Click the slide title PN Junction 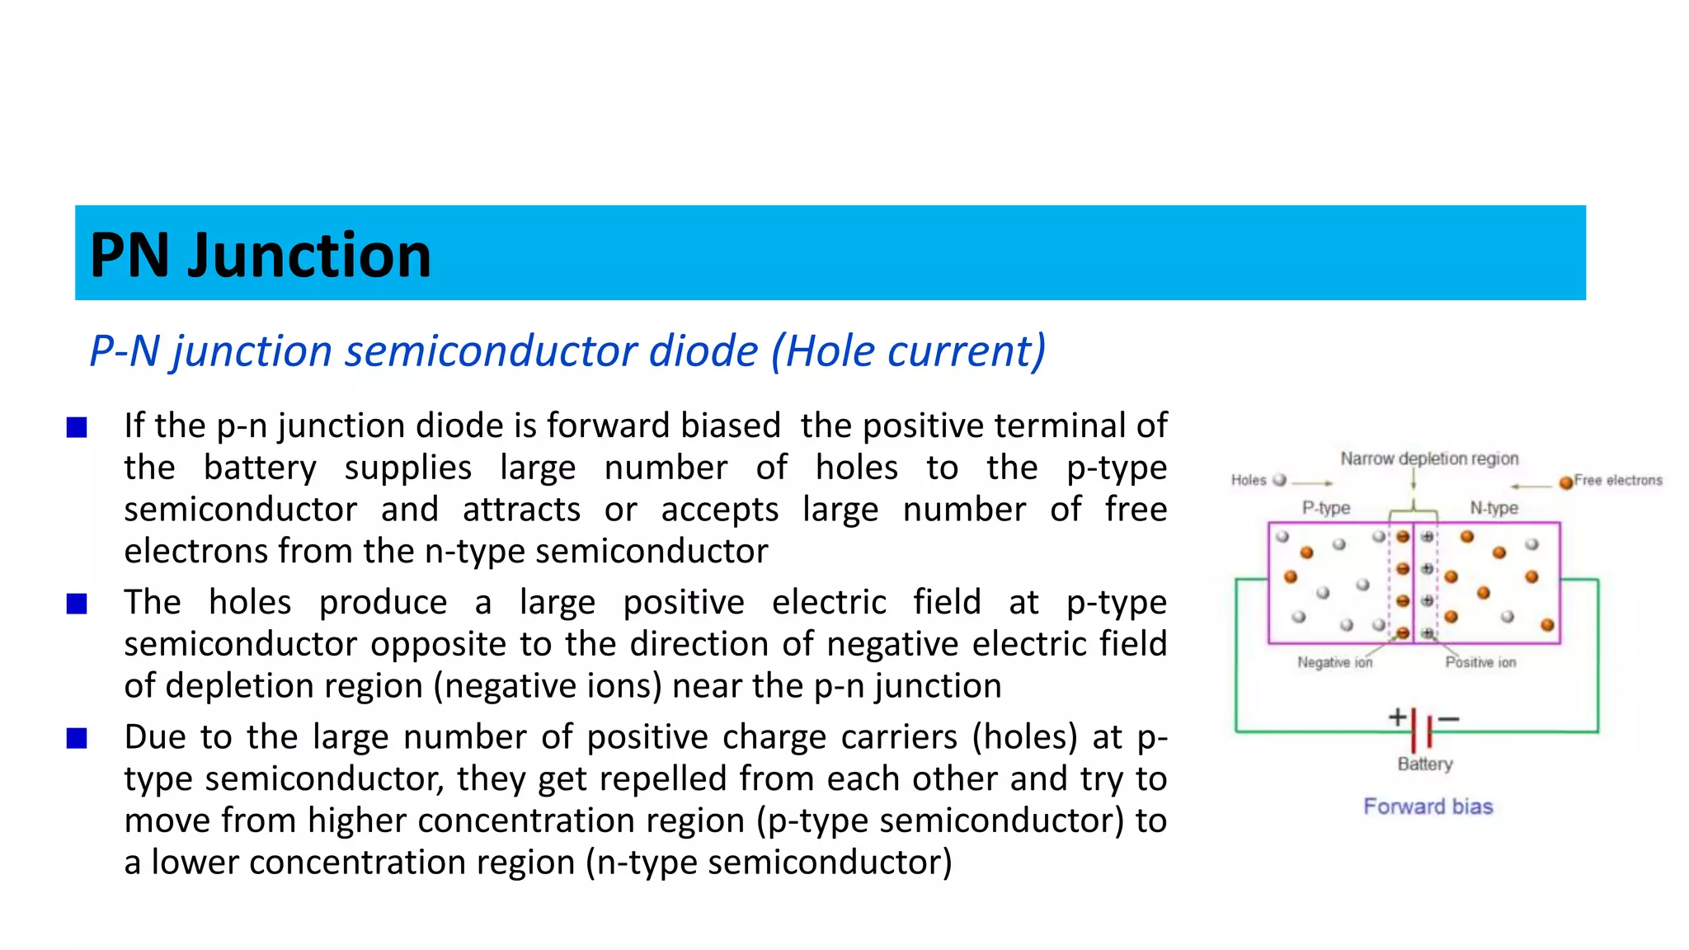click(260, 255)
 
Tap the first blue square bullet click(77, 427)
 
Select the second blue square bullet click(77, 604)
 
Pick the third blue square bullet click(77, 738)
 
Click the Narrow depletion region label click(1428, 459)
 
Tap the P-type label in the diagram click(1325, 508)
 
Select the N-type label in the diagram click(1494, 508)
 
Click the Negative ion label click(1334, 662)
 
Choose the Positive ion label click(1480, 662)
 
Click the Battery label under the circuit click(1424, 764)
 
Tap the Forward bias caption click(1428, 807)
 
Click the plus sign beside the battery click(1397, 717)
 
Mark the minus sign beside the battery click(1448, 719)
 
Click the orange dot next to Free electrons click(1565, 482)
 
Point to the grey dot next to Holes click(1279, 480)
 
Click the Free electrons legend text click(1617, 480)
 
